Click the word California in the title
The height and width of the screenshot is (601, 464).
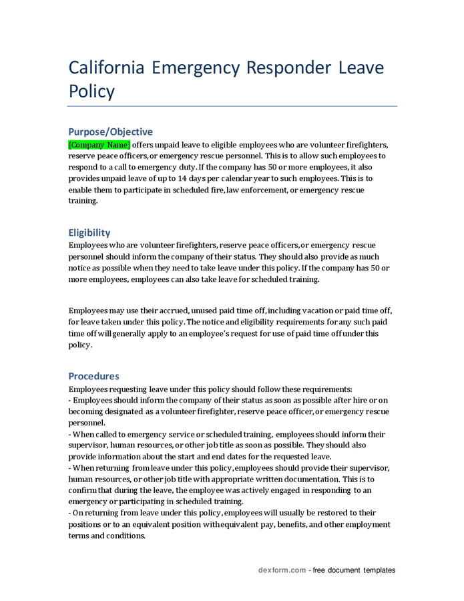106,67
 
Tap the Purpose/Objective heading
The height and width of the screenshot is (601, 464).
110,132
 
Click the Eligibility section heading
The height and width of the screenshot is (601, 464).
89,232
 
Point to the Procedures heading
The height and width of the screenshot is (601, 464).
93,376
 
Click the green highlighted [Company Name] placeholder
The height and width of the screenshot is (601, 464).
99,144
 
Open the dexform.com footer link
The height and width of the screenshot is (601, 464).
282,570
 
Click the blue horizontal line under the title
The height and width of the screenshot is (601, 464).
232,106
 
